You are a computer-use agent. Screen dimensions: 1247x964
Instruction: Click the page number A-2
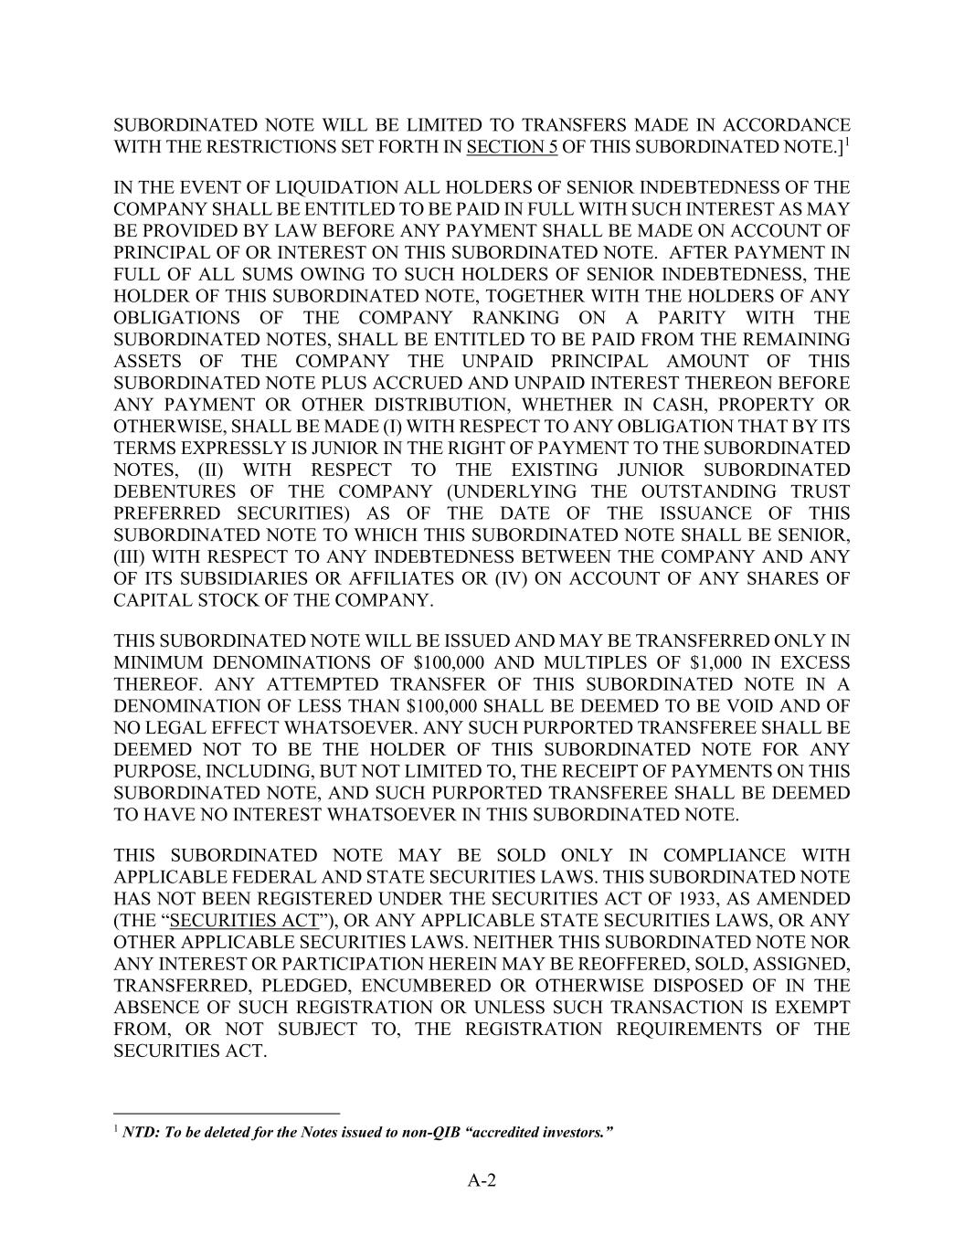pyautogui.click(x=482, y=1181)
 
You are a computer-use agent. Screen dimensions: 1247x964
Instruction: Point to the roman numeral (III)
pyautogui.click(x=131, y=557)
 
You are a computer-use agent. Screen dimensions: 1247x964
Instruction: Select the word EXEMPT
pyautogui.click(x=812, y=1008)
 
